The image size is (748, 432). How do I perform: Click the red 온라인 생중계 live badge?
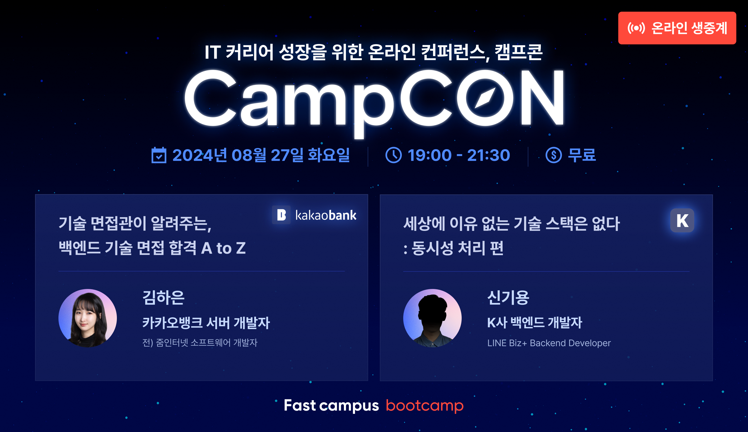point(677,28)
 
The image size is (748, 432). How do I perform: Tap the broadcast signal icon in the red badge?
point(636,28)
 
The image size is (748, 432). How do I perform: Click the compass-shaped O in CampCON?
point(485,97)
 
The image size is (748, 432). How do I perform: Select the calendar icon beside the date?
point(159,155)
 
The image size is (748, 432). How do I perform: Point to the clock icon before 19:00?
point(394,155)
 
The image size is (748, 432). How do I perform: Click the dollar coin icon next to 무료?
point(554,155)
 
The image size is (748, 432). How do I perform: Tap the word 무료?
point(582,155)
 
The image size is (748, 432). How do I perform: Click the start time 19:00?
point(430,155)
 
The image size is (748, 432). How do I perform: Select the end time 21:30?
point(489,155)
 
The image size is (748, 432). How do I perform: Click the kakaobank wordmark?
point(325,215)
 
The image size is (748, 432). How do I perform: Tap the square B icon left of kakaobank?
point(281,215)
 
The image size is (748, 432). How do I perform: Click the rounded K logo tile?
point(682,220)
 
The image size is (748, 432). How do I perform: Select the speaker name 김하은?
point(164,298)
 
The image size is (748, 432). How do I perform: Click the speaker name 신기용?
point(508,298)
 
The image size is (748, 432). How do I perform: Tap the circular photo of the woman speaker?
point(88,318)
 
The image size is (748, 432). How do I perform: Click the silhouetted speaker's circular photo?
point(432,318)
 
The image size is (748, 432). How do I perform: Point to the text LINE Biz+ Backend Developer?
point(549,343)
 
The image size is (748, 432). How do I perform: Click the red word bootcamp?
point(425,406)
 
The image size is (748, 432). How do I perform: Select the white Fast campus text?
point(331,406)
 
